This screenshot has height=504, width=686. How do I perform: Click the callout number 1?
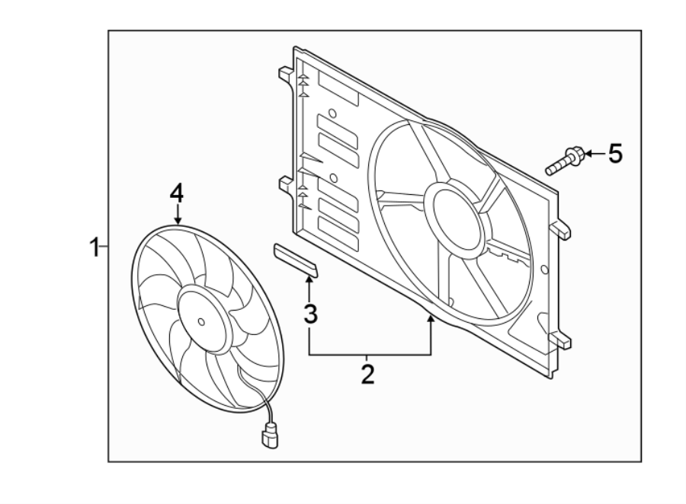point(95,247)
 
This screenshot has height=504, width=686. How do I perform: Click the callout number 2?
point(367,374)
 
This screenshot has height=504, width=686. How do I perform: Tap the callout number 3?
point(309,313)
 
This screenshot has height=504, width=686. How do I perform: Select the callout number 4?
point(177,193)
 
